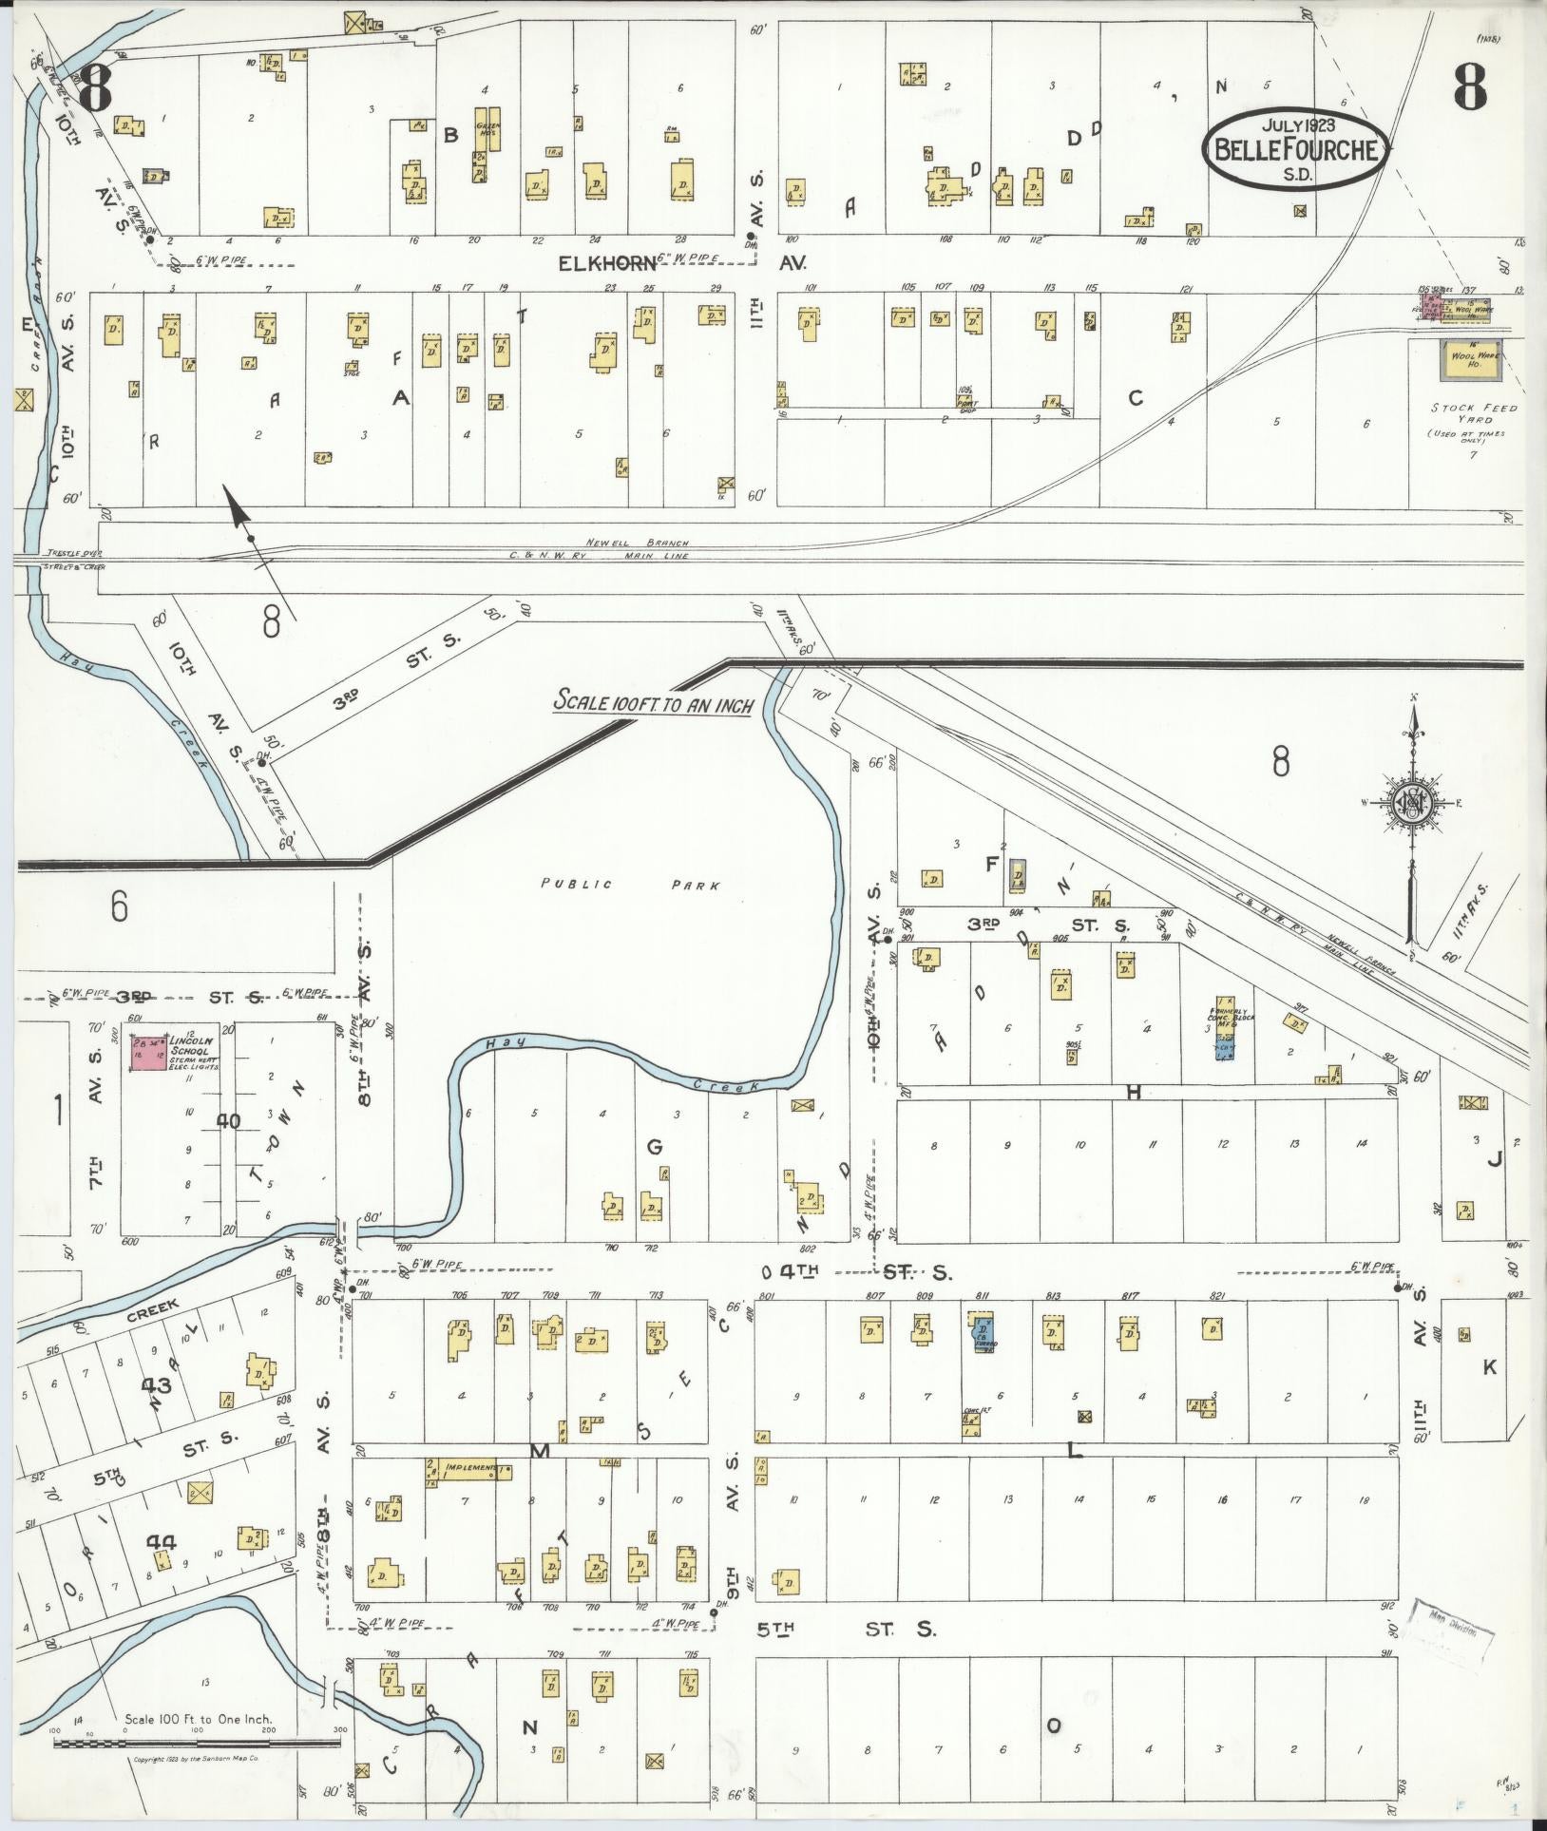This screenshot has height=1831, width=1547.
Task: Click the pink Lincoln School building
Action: [x=146, y=1054]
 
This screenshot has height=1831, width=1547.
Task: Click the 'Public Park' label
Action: [x=630, y=885]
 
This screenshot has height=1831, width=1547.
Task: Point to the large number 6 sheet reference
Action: [x=118, y=906]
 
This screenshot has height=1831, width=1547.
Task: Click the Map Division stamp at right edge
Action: [x=1452, y=1629]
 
